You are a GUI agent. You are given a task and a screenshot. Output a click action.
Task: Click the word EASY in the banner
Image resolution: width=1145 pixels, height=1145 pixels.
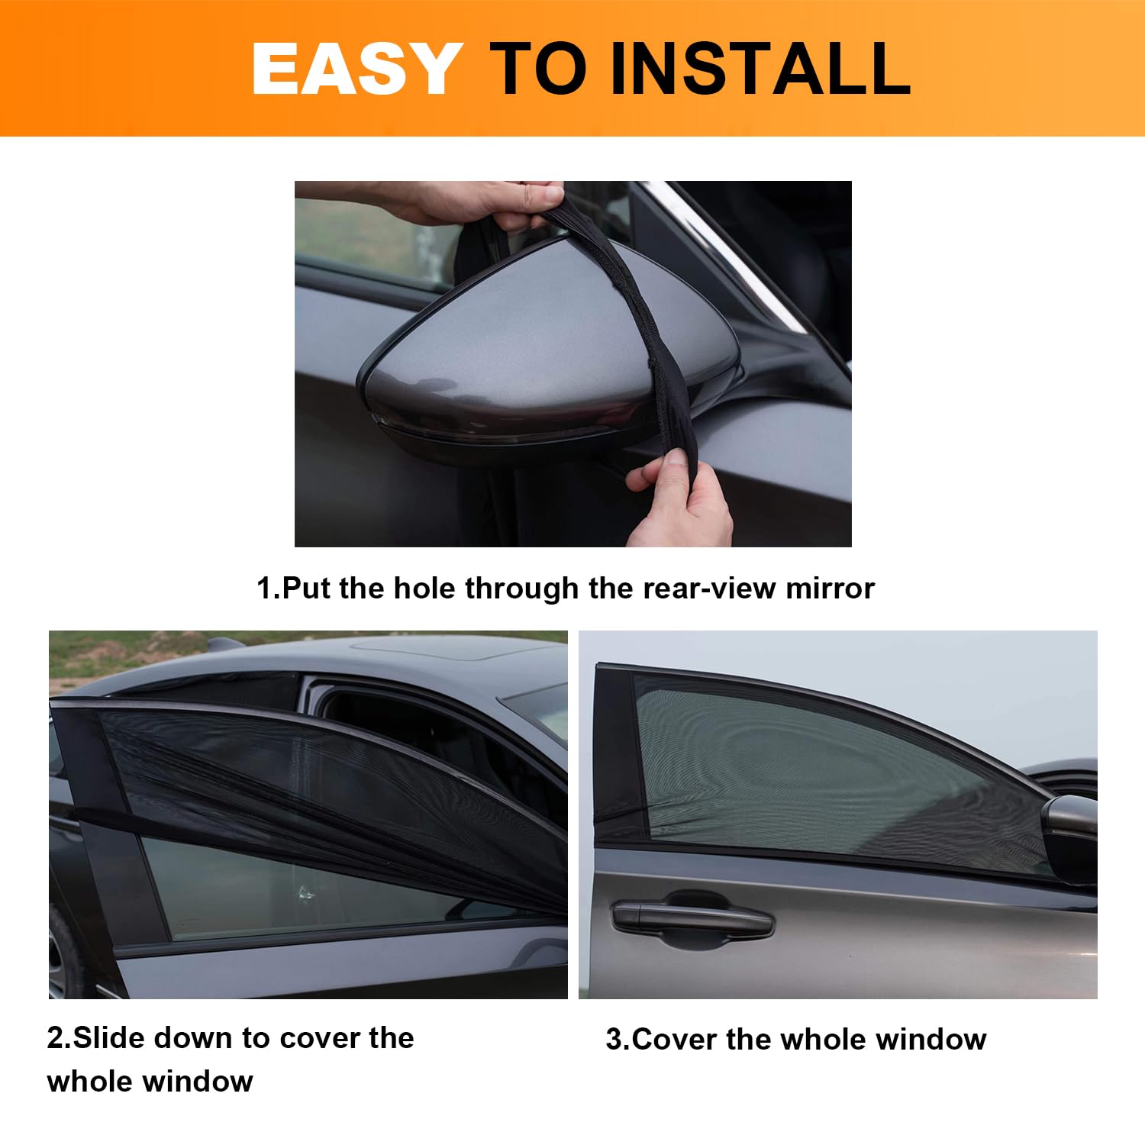point(356,69)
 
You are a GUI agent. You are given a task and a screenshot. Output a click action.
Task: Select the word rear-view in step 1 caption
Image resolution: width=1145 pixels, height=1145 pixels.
point(709,589)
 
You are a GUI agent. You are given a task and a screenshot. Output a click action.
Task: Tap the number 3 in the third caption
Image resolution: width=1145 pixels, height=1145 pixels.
point(614,1040)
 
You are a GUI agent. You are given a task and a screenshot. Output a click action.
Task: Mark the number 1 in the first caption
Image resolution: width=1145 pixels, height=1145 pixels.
point(263,589)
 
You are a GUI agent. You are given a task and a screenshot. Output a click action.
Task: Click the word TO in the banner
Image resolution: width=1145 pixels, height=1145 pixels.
point(538,69)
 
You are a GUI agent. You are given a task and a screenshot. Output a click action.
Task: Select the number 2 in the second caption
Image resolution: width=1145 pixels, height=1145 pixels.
point(55,1038)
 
